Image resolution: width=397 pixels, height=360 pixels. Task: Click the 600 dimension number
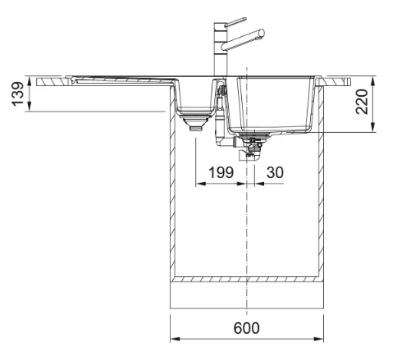246,328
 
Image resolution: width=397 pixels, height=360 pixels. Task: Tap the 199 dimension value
221,172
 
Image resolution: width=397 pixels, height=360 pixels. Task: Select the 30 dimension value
275,172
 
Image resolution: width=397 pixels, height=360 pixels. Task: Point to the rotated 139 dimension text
17,93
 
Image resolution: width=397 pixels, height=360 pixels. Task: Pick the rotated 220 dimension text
361,102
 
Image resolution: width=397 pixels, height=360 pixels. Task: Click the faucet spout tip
262,33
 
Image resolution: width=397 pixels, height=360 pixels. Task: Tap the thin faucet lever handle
235,22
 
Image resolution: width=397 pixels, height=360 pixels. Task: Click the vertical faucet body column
220,49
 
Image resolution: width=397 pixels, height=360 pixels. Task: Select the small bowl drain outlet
195,124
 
